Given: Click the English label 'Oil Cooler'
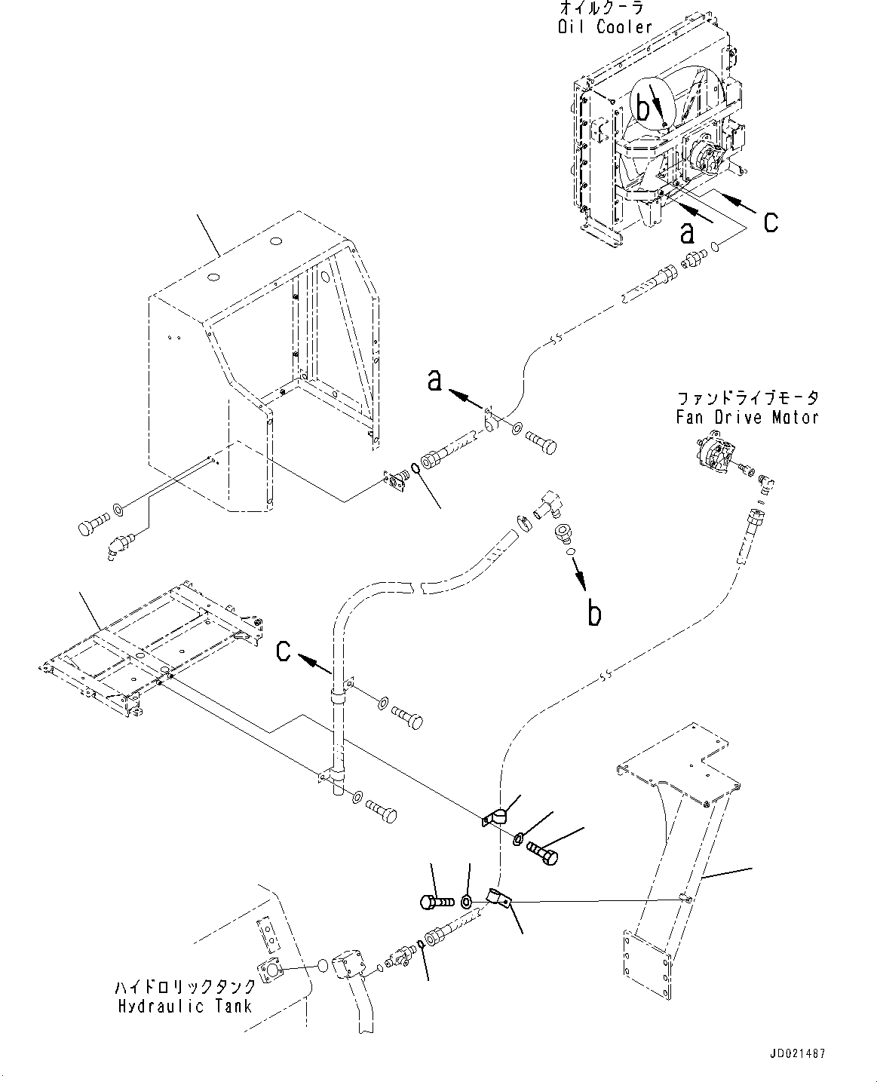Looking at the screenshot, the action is (x=605, y=26).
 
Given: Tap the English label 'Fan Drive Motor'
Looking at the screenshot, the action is (x=747, y=418).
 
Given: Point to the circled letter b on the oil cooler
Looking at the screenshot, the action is (x=643, y=108).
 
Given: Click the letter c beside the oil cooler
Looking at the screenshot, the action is (x=771, y=222).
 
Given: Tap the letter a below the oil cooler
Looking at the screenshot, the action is (x=687, y=233).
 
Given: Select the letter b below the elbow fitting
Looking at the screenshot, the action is (x=594, y=612).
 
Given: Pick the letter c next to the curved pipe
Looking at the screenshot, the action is (x=283, y=651).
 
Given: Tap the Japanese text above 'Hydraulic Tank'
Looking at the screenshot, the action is (x=186, y=987).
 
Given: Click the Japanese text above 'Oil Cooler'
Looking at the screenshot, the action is (x=602, y=8).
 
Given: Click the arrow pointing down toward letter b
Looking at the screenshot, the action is (x=580, y=575).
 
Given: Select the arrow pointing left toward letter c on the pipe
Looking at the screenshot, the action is (x=315, y=664).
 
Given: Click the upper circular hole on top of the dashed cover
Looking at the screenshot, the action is (x=276, y=241).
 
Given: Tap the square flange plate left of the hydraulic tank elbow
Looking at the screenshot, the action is (x=271, y=971).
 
